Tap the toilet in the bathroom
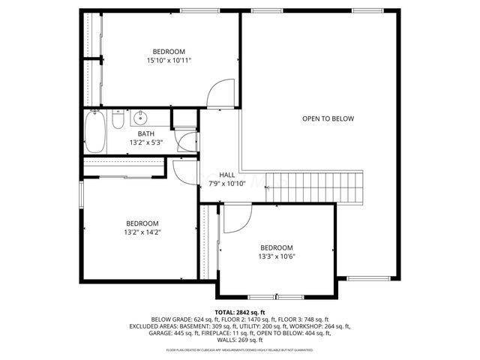(x=118, y=121)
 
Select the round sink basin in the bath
(x=139, y=118)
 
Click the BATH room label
(x=145, y=134)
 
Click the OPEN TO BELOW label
(x=328, y=118)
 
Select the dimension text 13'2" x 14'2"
(x=142, y=232)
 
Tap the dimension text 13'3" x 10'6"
(x=276, y=256)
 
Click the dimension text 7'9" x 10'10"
(x=226, y=183)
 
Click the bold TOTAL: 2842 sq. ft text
(x=240, y=312)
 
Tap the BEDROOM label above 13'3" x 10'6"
(x=276, y=247)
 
